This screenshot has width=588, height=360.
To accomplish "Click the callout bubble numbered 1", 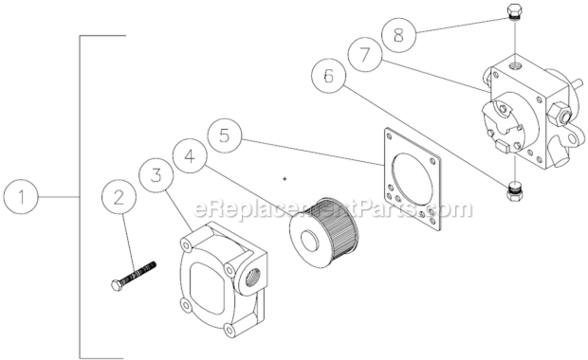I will pos(21,197).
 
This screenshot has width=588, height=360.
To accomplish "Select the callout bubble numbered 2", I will pos(119,197).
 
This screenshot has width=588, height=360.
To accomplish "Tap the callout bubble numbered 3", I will pos(156,175).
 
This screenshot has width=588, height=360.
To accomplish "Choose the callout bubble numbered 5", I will pos(224,136).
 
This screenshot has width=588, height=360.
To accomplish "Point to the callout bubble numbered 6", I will pos(328,76).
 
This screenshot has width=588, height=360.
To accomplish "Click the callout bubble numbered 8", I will pos(398,35).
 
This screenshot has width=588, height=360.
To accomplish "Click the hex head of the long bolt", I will pos(116,285).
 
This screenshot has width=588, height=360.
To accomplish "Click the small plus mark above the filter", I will pos(285,179).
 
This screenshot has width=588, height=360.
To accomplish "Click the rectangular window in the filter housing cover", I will pos(207,288).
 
